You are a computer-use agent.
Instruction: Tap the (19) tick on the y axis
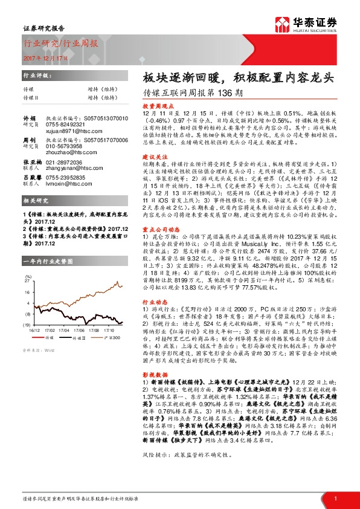[27, 326]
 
